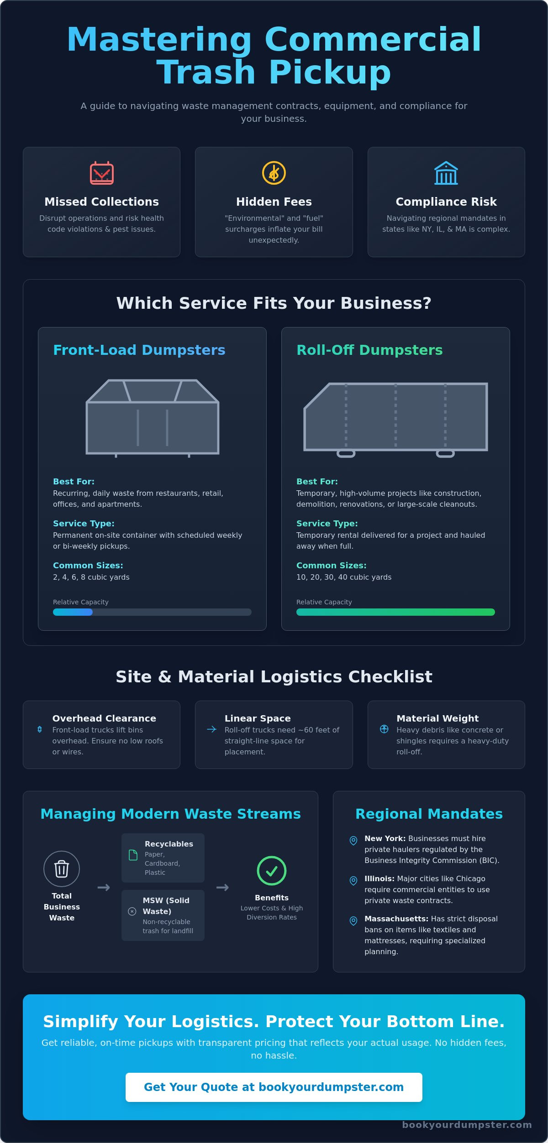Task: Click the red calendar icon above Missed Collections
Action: pos(102,173)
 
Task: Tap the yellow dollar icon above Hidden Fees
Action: pos(274,173)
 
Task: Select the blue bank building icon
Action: pos(446,173)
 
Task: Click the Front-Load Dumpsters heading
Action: pos(139,350)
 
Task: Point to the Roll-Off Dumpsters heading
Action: pos(369,350)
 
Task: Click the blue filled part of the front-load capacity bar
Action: pos(73,612)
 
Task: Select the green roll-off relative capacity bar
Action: pos(395,612)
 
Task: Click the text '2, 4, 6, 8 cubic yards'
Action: pos(91,577)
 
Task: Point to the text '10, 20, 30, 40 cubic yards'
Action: pos(344,577)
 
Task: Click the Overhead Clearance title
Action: pos(104,718)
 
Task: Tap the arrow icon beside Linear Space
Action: pos(211,729)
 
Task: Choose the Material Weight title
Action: pos(437,718)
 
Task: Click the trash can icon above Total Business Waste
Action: pos(62,869)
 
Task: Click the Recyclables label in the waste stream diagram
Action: pos(169,844)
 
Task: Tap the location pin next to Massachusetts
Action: pos(353,921)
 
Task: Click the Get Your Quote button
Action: pos(274,1087)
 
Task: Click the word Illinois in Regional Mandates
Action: pos(379,878)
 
